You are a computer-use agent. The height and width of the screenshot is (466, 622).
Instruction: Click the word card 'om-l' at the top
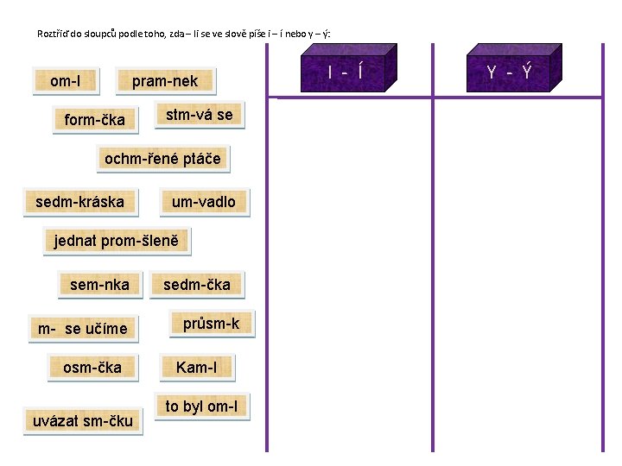pos(65,81)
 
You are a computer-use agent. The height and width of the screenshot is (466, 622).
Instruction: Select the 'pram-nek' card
pos(165,81)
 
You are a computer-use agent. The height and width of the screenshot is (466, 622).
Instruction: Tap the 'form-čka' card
pos(94,119)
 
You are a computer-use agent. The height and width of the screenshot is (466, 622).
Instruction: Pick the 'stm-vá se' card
pos(200,114)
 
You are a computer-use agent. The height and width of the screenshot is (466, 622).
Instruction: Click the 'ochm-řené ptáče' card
pos(162,158)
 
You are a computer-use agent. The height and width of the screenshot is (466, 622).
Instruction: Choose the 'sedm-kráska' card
pos(79,202)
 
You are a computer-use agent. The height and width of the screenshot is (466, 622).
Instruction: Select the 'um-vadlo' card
pos(203,202)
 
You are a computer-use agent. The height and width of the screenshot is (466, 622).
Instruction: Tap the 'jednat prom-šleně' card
pos(116,241)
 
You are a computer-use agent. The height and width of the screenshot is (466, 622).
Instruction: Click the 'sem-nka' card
pos(99,284)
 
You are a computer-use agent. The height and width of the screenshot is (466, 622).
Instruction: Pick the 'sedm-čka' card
pos(197,284)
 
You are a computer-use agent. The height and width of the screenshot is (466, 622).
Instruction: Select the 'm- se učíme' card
pos(82,328)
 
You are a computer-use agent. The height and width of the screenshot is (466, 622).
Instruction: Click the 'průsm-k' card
pos(211,324)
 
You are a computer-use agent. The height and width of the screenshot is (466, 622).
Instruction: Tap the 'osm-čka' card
pos(92,368)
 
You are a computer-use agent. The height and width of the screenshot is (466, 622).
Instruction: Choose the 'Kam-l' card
pos(196,368)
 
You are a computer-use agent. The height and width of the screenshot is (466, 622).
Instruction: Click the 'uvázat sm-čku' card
pos(83,420)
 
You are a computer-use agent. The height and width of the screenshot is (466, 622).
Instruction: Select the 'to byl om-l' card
pos(202,406)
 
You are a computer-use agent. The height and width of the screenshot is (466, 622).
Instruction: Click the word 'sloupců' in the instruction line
pos(113,35)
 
